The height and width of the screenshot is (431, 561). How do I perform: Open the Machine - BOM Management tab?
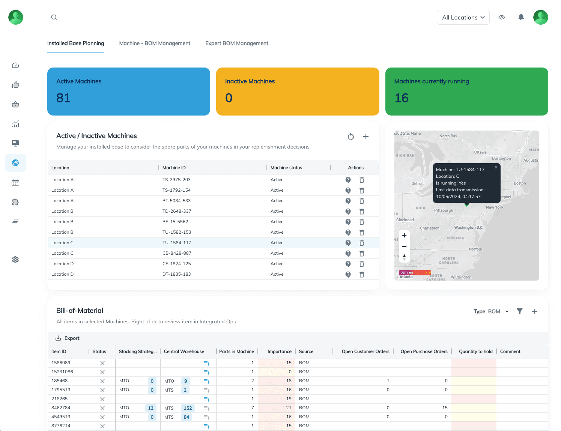pyautogui.click(x=155, y=44)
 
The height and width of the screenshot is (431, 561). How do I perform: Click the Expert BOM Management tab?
pyautogui.click(x=237, y=44)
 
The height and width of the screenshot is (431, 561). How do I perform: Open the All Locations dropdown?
pyautogui.click(x=463, y=18)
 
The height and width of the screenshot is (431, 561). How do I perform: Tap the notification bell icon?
pyautogui.click(x=521, y=17)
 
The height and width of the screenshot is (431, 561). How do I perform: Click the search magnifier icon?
pyautogui.click(x=54, y=17)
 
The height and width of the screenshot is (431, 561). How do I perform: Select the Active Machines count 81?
pyautogui.click(x=63, y=98)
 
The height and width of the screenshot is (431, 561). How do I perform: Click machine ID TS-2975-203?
pyautogui.click(x=176, y=180)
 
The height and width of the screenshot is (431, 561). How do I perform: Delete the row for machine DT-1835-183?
pyautogui.click(x=362, y=275)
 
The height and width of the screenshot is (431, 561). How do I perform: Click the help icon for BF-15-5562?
pyautogui.click(x=348, y=222)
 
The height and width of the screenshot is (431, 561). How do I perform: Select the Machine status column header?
pyautogui.click(x=286, y=168)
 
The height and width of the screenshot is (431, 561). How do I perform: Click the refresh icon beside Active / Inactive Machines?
pyautogui.click(x=351, y=137)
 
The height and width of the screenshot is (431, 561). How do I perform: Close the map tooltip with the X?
pyautogui.click(x=496, y=167)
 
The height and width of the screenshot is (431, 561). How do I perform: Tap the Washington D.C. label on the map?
pyautogui.click(x=469, y=228)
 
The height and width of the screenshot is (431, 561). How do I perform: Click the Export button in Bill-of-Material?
pyautogui.click(x=68, y=338)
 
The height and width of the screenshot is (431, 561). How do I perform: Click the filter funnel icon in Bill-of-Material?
pyautogui.click(x=520, y=311)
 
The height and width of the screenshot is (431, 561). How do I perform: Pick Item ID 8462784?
pyautogui.click(x=61, y=408)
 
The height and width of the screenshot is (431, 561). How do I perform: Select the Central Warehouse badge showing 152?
pyautogui.click(x=188, y=408)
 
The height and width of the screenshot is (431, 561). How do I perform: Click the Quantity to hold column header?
pyautogui.click(x=475, y=351)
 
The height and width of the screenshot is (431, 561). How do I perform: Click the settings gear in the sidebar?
pyautogui.click(x=15, y=260)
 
